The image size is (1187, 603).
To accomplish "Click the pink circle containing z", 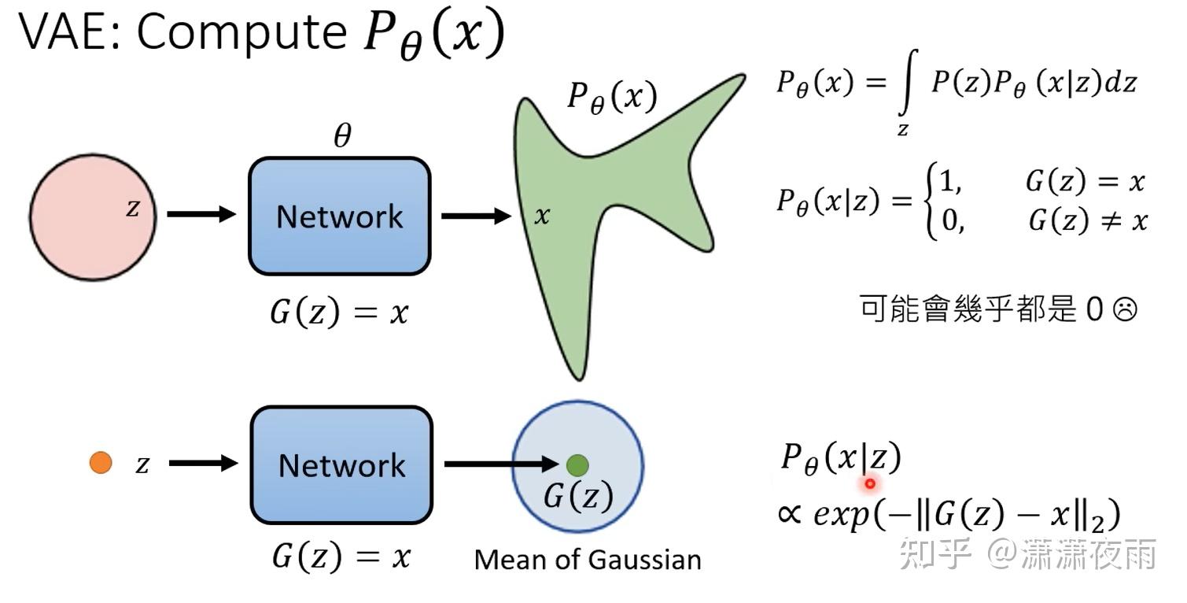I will pyautogui.click(x=93, y=216).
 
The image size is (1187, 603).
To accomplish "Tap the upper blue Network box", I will pyautogui.click(x=340, y=216).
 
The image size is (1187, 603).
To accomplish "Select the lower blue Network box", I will pyautogui.click(x=341, y=465).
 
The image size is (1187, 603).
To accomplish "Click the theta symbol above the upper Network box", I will pyautogui.click(x=341, y=138).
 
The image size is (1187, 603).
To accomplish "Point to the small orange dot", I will pyautogui.click(x=101, y=463).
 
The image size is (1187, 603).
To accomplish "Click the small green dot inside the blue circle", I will pyautogui.click(x=577, y=464).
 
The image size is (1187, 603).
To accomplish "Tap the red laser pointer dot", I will pyautogui.click(x=870, y=483).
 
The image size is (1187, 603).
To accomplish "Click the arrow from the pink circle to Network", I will pyautogui.click(x=201, y=213).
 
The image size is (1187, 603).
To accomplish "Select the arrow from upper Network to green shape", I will pyautogui.click(x=475, y=215).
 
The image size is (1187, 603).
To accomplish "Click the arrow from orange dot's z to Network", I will pyautogui.click(x=202, y=463).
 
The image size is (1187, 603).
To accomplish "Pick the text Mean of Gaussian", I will pyautogui.click(x=588, y=560).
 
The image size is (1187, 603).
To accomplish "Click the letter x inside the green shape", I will pyautogui.click(x=542, y=216).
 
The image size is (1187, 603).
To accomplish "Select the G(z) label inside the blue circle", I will pyautogui.click(x=578, y=497).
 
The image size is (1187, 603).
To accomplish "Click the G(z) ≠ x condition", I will pyautogui.click(x=1088, y=221).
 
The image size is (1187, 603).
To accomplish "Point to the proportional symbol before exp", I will pyautogui.click(x=789, y=516).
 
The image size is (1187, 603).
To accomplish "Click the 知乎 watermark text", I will pyautogui.click(x=936, y=555).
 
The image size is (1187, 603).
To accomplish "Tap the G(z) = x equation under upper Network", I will pyautogui.click(x=340, y=313).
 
